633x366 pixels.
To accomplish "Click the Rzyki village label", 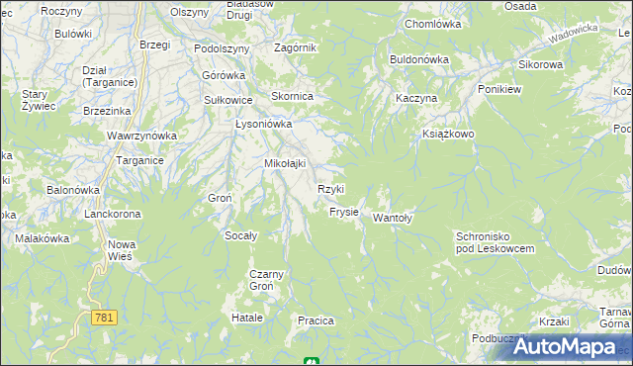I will point(330,189).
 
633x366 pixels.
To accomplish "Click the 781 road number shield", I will point(104,318).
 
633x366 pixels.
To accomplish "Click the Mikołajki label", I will point(284,163).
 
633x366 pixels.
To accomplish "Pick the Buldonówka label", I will point(419,59).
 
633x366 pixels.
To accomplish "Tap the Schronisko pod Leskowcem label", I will point(495,242).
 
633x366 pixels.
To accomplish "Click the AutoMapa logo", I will point(564,347).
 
